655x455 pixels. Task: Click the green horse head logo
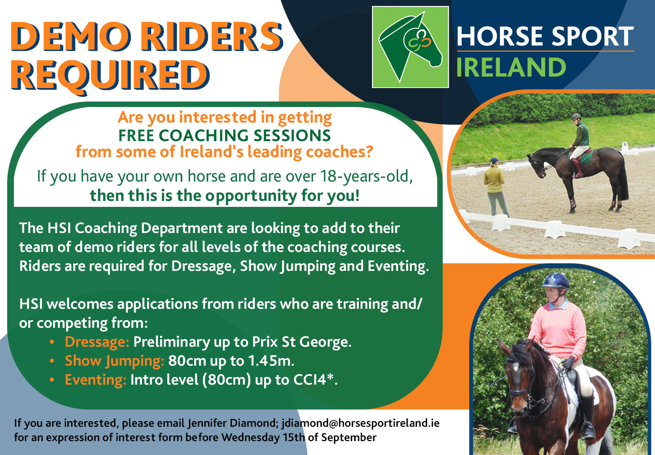pos(410,47)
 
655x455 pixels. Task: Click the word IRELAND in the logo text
pos(511,67)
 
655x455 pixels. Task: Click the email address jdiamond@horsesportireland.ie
pos(360,423)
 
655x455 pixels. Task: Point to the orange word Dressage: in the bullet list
pos(97,342)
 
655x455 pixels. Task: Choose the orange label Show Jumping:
pos(114,361)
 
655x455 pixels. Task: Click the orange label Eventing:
pos(95,380)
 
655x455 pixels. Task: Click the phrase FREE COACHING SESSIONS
pos(225,135)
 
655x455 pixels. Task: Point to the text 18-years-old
pos(366,177)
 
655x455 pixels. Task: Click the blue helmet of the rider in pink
pos(556,281)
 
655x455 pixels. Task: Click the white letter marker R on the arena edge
pos(625,145)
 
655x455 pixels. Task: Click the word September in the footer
pos(349,437)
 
